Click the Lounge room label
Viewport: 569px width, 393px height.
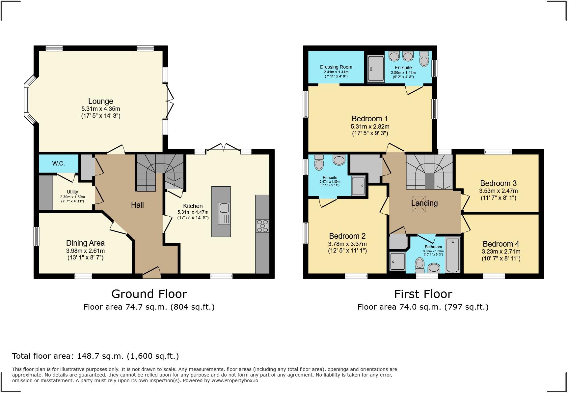point(100,101)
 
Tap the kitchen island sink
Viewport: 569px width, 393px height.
point(224,208)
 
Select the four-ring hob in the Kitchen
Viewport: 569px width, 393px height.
point(262,226)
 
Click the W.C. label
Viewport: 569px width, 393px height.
point(58,164)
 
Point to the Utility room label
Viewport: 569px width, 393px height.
point(72,192)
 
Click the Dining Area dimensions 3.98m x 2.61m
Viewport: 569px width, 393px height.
point(85,251)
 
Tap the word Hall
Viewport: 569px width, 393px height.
point(137,205)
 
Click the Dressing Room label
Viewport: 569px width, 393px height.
point(336,67)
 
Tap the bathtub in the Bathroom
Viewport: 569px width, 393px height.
point(453,255)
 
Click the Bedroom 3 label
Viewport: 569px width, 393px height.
point(498,183)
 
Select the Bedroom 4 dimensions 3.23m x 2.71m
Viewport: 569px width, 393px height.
point(501,252)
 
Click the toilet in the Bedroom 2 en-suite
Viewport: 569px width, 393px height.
point(319,162)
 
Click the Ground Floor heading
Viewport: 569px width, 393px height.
point(149,294)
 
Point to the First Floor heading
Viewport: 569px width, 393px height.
point(423,294)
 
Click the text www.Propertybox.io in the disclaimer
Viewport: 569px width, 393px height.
point(235,380)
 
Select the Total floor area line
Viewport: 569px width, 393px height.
point(95,356)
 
